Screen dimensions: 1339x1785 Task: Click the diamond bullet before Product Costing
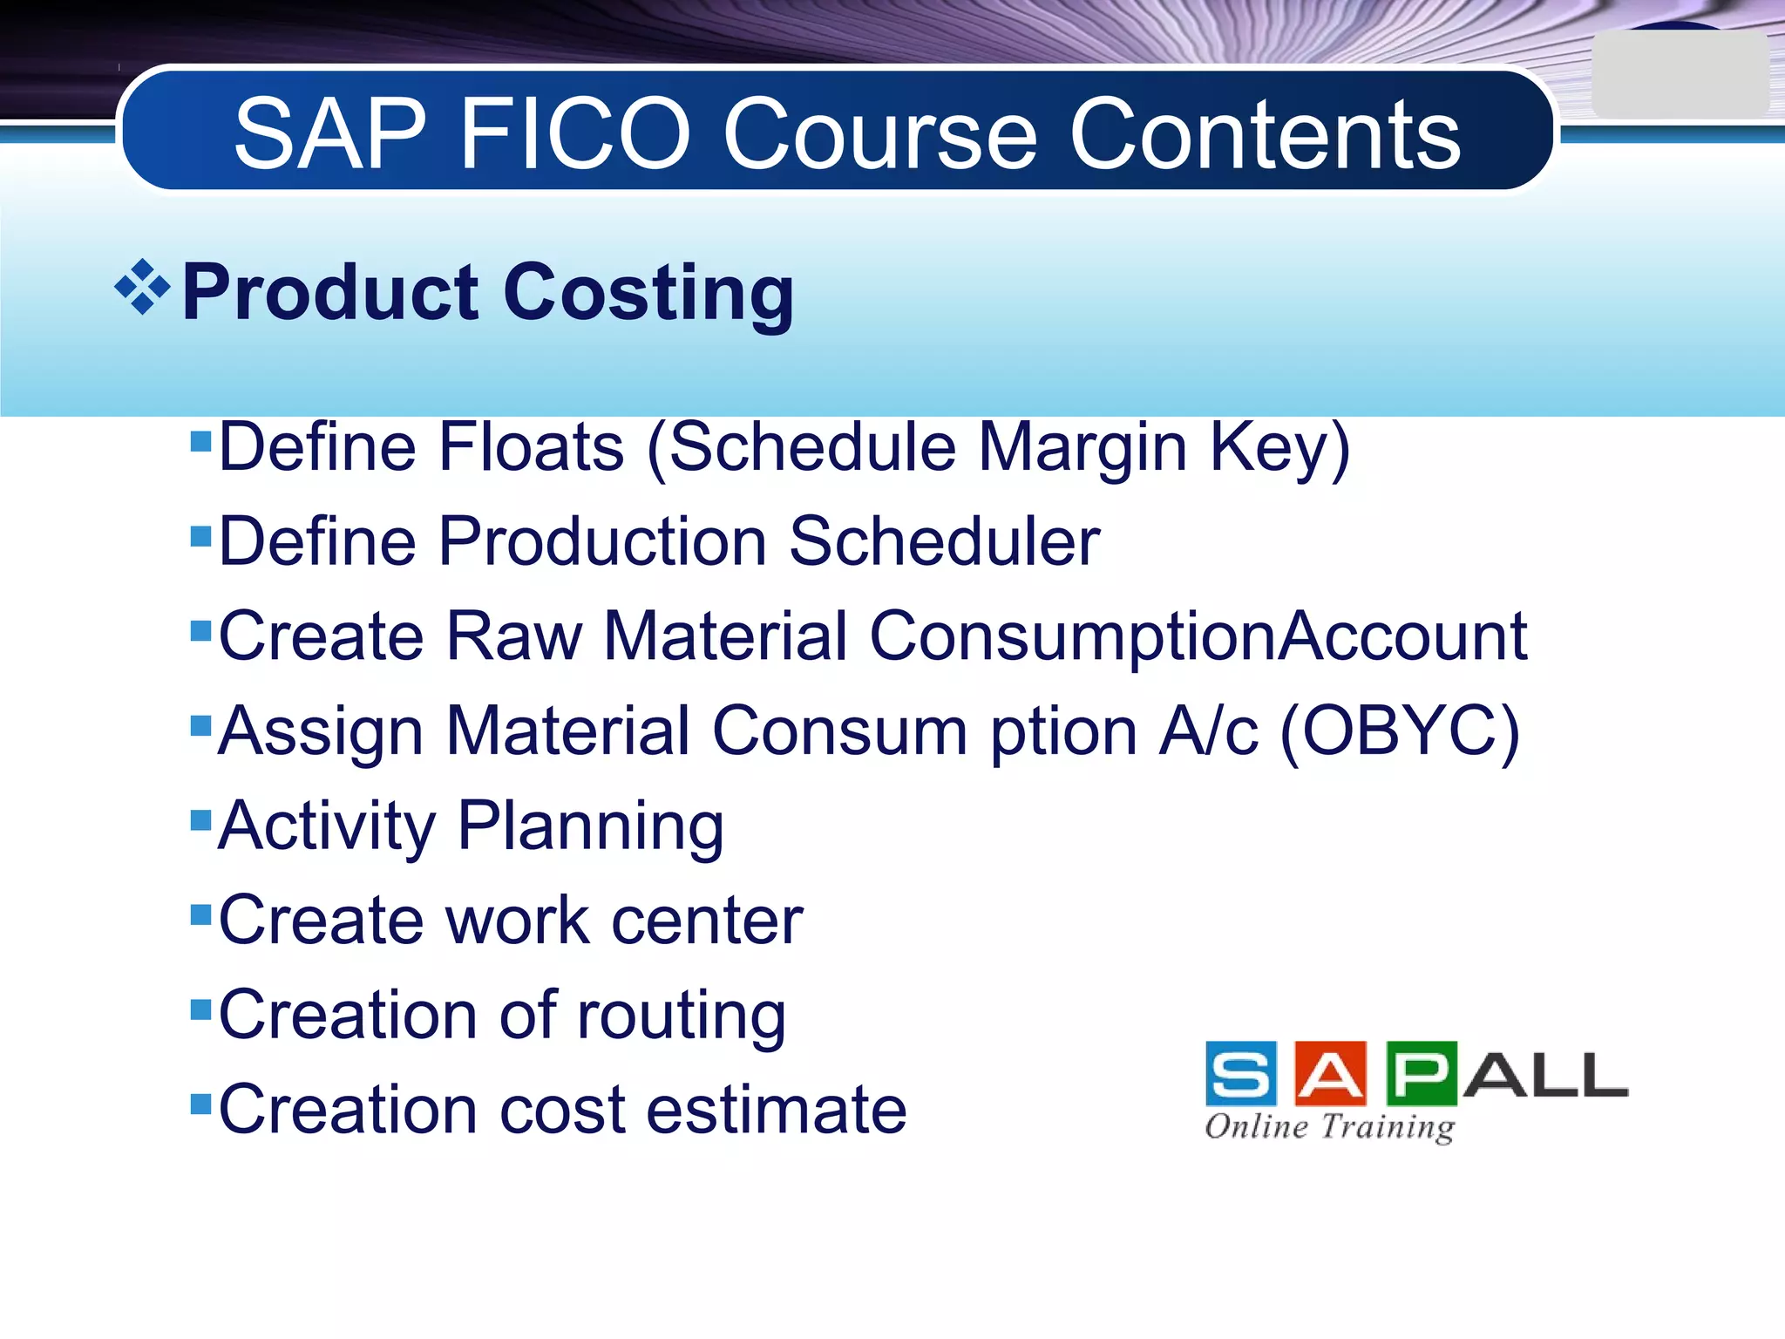point(142,287)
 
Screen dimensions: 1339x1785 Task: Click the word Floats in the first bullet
point(531,447)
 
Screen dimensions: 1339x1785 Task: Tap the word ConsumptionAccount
point(1198,636)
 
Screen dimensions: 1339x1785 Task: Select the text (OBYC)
point(1400,731)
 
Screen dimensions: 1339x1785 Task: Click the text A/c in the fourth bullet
point(1208,731)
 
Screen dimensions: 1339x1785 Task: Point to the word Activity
point(327,826)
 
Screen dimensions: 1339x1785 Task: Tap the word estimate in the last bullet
point(777,1110)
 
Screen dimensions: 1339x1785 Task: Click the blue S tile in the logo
point(1240,1074)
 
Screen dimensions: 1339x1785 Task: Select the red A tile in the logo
point(1331,1074)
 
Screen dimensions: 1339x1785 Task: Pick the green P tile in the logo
point(1422,1074)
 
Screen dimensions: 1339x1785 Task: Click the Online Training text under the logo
point(1329,1126)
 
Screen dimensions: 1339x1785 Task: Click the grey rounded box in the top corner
point(1679,75)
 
